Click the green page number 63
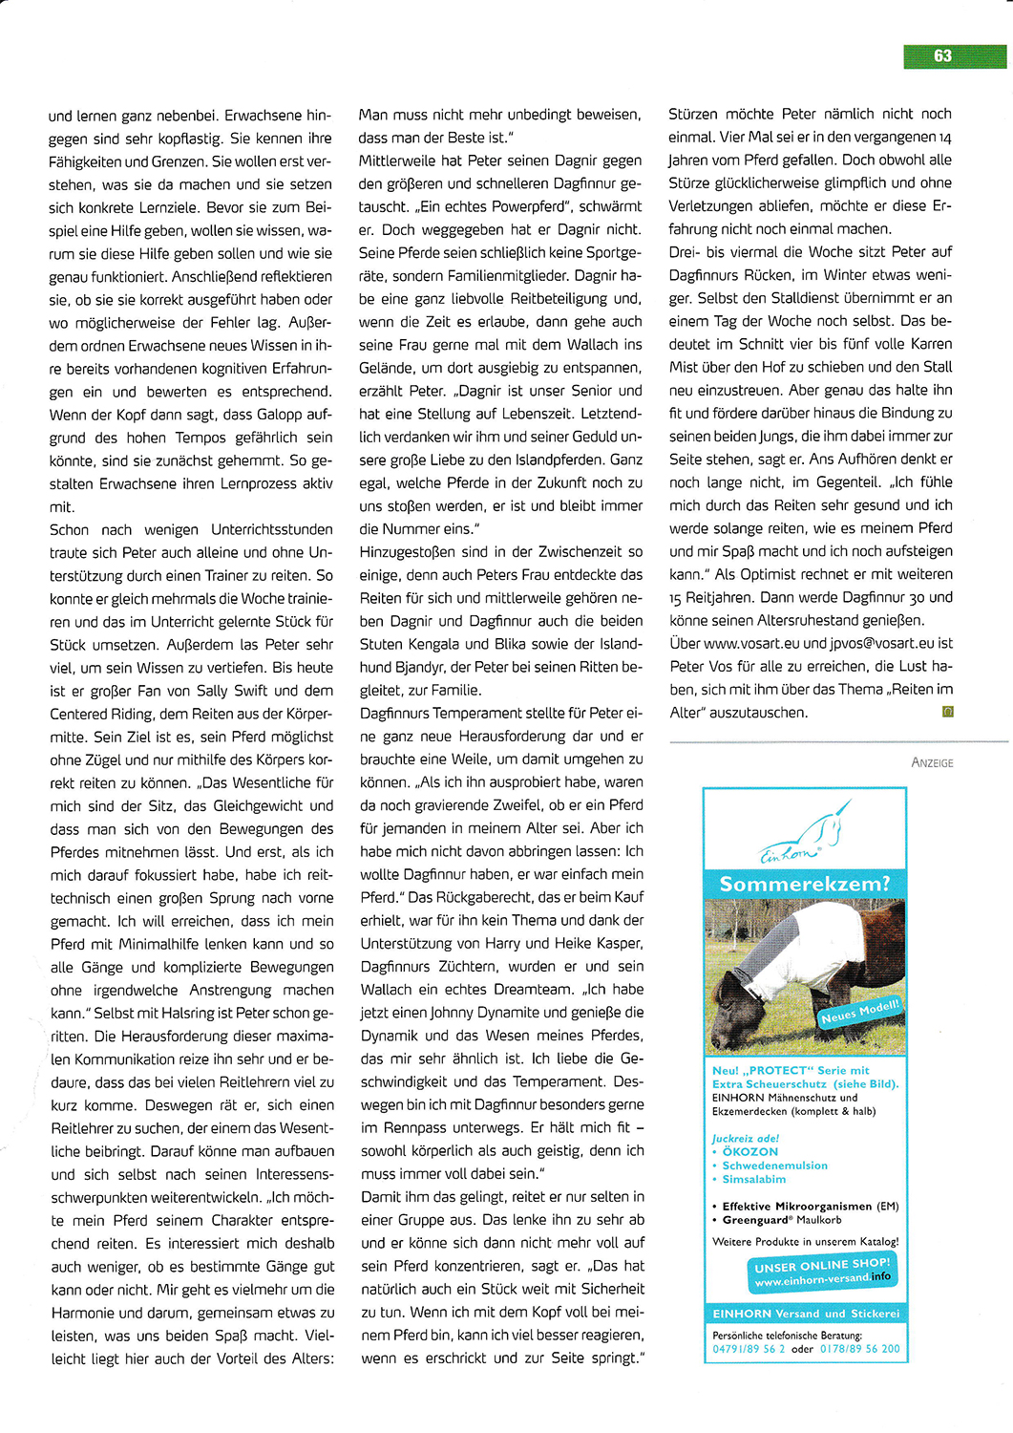click(x=942, y=56)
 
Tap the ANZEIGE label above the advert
click(x=932, y=762)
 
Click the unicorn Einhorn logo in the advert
click(x=807, y=832)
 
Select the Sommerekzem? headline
click(x=804, y=884)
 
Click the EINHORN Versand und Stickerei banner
click(x=806, y=1314)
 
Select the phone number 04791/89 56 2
click(x=749, y=1349)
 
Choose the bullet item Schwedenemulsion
click(x=774, y=1166)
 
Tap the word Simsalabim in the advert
click(x=753, y=1179)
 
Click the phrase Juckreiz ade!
click(x=746, y=1138)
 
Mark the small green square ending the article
click(x=947, y=712)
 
